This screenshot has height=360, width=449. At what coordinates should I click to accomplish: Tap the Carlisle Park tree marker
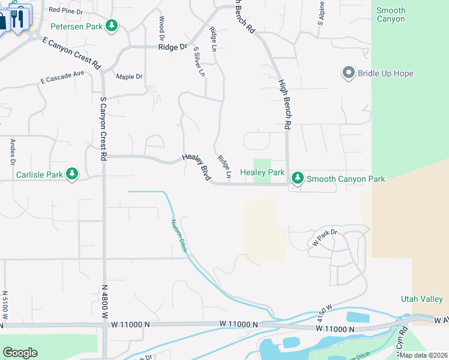pos(72,174)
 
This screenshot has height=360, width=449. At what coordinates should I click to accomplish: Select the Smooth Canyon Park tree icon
pos(297,178)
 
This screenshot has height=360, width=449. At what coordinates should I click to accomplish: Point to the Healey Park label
pos(262,172)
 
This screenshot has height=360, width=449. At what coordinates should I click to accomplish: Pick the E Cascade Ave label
pos(62,78)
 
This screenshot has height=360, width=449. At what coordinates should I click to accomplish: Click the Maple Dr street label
pos(129,76)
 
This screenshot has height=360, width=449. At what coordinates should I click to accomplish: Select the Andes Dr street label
pos(12,152)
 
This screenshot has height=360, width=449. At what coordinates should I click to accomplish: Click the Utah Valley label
pos(421,299)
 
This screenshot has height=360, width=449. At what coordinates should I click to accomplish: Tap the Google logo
pos(20,353)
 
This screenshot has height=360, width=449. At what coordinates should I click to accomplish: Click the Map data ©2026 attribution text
pos(424,355)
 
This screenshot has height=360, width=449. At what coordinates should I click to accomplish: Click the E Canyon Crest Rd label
pos(71,51)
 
